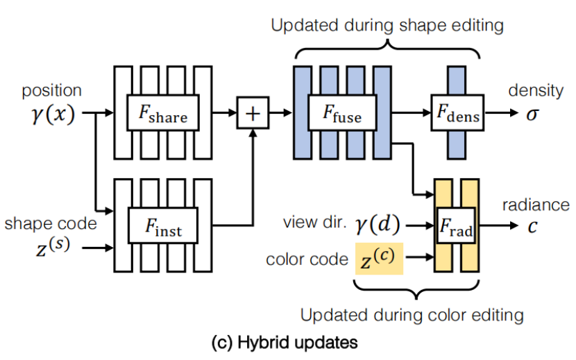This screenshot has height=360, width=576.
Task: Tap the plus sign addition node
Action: tap(254, 112)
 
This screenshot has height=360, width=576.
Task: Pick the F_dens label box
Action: tap(456, 112)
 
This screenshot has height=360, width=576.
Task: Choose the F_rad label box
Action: tap(456, 225)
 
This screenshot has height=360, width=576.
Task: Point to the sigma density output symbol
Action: tap(532, 114)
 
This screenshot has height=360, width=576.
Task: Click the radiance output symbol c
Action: tap(532, 226)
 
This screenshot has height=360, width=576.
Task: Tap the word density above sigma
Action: tap(534, 90)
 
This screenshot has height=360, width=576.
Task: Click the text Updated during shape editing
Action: tap(387, 26)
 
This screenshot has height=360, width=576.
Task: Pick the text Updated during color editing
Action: tap(412, 315)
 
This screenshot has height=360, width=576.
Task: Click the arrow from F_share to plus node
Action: tap(224, 112)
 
